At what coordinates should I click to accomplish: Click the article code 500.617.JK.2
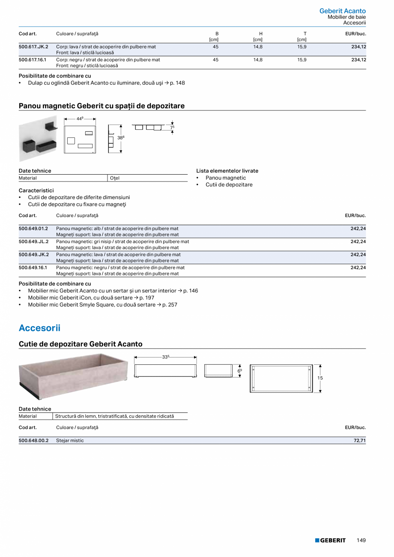click(x=33, y=47)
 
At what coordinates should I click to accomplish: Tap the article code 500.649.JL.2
click(x=33, y=241)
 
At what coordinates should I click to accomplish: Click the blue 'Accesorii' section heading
click(x=39, y=328)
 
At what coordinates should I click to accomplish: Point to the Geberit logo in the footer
click(x=330, y=540)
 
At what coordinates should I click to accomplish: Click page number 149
click(x=361, y=540)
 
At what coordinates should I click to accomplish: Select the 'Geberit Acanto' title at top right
click(x=342, y=11)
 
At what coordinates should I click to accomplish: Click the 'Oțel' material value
click(x=115, y=178)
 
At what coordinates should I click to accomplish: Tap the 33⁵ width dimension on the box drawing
click(x=166, y=357)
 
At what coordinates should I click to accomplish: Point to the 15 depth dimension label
click(x=320, y=378)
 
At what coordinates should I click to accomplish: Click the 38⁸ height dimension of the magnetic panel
click(x=121, y=138)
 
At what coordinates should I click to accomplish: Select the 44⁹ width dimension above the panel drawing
click(x=80, y=119)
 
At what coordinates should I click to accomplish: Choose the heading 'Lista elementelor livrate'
click(x=227, y=171)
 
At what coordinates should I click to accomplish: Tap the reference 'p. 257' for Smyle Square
click(x=170, y=305)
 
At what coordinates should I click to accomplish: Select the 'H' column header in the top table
click(x=260, y=33)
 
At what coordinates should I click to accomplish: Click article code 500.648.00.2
click(x=33, y=441)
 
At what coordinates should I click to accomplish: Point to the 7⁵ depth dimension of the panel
click(x=172, y=127)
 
